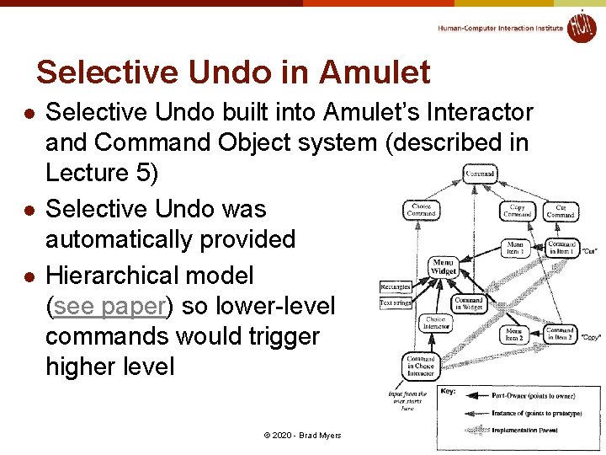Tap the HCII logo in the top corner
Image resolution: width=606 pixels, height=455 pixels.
pos(581,27)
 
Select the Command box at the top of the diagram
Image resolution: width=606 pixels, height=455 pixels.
pos(480,174)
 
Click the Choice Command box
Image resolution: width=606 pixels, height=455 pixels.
pos(421,209)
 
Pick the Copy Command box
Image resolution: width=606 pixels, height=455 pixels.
pos(517,211)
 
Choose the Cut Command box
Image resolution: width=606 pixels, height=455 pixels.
pos(560,211)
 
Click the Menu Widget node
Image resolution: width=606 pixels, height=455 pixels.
pos(443,266)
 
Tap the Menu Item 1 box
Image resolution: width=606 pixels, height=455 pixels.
pos(515,248)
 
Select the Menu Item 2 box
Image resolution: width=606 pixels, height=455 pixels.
pos(513,335)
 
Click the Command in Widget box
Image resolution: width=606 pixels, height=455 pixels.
pos(469,303)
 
